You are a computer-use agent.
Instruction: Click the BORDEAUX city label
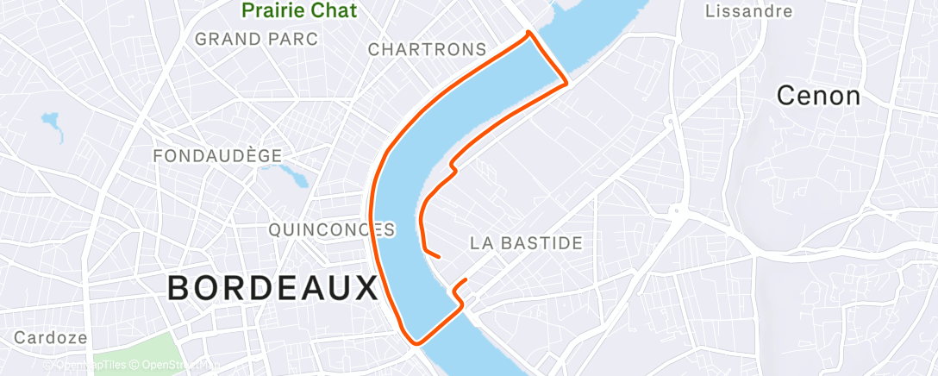[272, 287]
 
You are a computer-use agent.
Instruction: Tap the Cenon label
[818, 96]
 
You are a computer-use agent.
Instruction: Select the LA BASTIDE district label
[526, 243]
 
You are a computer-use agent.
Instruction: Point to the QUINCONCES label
[331, 229]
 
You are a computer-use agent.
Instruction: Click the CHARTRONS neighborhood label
[427, 50]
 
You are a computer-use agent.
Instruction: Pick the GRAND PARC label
[256, 39]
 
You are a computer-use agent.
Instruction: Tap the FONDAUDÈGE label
[217, 155]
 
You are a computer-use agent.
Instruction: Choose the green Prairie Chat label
[299, 11]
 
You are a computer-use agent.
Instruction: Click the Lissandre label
[748, 11]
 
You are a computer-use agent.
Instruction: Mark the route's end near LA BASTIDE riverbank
[440, 256]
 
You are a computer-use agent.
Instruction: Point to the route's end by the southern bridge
[466, 281]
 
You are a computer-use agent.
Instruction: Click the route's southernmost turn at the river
[417, 342]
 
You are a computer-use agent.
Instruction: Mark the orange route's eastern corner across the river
[566, 83]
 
